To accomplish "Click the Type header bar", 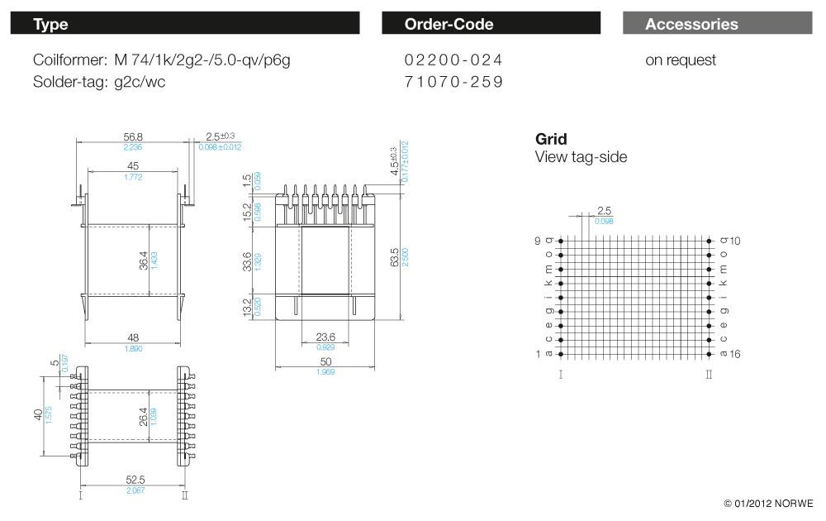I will pyautogui.click(x=185, y=24).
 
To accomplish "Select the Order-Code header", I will pyautogui.click(x=491, y=24).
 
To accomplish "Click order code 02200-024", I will pyautogui.click(x=453, y=60).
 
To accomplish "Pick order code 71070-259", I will pyautogui.click(x=453, y=82).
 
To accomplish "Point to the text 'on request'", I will pyautogui.click(x=681, y=60).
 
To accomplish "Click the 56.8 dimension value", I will pyautogui.click(x=133, y=137).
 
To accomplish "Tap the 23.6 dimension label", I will pyautogui.click(x=326, y=337).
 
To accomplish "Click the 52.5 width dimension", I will pyautogui.click(x=135, y=480).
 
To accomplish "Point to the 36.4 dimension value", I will pyautogui.click(x=144, y=260).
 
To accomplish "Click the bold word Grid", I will pyautogui.click(x=551, y=140).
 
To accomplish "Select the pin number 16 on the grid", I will pyautogui.click(x=736, y=355).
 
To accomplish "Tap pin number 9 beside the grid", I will pyautogui.click(x=537, y=241).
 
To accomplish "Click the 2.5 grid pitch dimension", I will pyautogui.click(x=604, y=212).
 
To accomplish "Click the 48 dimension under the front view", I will pyautogui.click(x=132, y=338).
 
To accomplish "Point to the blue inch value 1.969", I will pyautogui.click(x=325, y=372).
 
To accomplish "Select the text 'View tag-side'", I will pyautogui.click(x=581, y=157).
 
